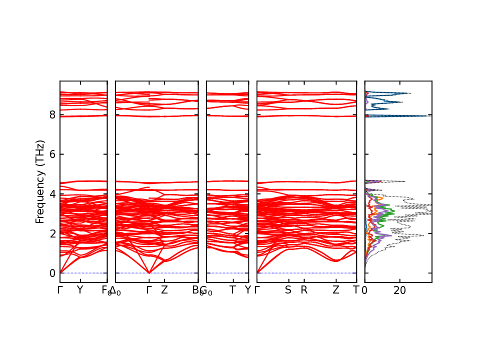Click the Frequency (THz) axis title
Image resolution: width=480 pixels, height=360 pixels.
pos(40,181)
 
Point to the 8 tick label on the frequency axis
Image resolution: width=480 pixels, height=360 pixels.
pos(51,115)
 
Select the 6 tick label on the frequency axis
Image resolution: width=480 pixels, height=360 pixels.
pos(51,154)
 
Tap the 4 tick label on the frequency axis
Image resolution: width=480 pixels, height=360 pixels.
pos(51,194)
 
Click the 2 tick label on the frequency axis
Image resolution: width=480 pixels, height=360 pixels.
pos(51,233)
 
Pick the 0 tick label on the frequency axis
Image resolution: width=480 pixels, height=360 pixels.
pos(51,273)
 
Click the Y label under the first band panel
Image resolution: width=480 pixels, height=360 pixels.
pos(79,290)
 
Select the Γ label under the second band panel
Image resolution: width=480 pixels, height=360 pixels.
pos(149,290)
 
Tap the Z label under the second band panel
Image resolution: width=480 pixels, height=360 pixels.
pos(164,290)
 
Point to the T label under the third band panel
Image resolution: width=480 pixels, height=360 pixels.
pos(232,290)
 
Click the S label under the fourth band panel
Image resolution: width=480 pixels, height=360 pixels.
pos(288,290)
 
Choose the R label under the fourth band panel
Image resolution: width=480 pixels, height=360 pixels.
pos(304,290)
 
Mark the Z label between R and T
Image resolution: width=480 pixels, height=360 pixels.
pos(336,290)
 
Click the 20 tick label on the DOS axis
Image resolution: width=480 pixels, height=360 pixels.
pos(399,290)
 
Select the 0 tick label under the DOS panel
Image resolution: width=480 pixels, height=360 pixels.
pos(364,290)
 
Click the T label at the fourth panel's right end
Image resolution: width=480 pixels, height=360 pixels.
pos(356,290)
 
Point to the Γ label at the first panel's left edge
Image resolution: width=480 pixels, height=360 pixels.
pos(60,290)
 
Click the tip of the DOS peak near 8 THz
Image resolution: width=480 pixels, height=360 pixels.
pos(429,115)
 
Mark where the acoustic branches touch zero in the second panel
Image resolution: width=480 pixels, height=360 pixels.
pos(149,273)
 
